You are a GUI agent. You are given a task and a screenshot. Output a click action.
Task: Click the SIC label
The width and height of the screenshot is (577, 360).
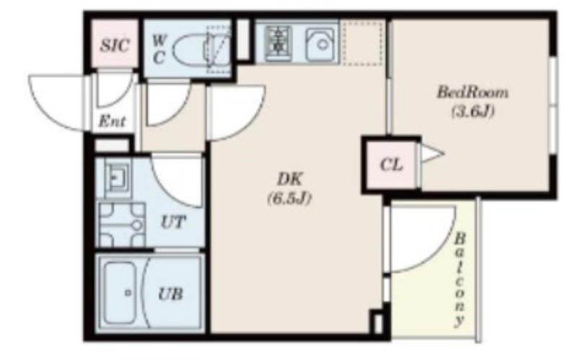[x=115, y=45]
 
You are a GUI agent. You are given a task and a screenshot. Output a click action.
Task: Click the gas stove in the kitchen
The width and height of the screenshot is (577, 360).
[x=279, y=43]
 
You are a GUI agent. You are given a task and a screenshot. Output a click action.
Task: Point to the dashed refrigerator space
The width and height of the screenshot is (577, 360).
[x=362, y=43]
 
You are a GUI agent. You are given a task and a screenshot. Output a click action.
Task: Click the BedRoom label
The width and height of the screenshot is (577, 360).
[x=472, y=92]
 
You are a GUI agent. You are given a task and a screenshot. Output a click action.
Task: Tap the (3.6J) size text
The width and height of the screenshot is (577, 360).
[x=472, y=111]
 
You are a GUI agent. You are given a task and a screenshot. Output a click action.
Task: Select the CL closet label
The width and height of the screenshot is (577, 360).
[x=391, y=165]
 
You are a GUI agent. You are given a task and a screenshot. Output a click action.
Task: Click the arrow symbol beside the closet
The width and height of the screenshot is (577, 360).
[x=433, y=153]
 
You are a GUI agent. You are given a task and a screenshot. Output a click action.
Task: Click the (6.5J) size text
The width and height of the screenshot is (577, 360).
[x=289, y=199]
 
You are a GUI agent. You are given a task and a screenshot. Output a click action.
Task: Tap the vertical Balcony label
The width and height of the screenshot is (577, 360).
[x=459, y=279]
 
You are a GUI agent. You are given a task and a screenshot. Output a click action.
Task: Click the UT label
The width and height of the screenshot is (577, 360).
[x=173, y=222]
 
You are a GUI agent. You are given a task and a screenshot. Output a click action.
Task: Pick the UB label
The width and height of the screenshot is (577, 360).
[x=170, y=294]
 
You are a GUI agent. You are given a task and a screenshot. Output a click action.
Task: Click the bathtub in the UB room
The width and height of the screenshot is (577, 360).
[x=120, y=293]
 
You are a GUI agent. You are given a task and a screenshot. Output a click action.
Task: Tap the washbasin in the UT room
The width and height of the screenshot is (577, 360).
[x=118, y=176]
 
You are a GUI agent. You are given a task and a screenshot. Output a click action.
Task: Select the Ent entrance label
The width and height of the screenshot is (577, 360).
[x=113, y=121]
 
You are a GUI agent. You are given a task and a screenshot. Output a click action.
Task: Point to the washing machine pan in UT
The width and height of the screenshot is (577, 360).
[x=122, y=224]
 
